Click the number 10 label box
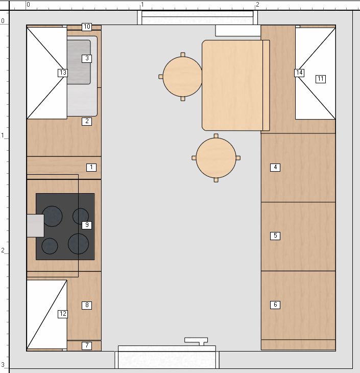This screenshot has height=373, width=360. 87,27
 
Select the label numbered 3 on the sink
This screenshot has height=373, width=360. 87,59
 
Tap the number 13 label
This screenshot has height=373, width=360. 63,73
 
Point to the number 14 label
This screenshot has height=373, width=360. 299,73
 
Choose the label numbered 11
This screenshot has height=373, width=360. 321,79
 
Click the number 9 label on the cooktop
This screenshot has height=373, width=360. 87,225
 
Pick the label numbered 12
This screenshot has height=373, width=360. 63,314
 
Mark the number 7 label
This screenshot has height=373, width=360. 87,345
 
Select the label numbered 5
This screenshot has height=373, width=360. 275,236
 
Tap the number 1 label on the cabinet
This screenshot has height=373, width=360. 91,168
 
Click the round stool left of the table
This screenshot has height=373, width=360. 183,77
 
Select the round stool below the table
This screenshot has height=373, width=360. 216,158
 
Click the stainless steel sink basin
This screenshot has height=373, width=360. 79,62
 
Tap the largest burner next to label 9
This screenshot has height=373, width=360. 78,244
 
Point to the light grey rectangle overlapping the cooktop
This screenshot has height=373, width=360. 35,226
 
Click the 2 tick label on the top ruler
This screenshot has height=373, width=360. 257,5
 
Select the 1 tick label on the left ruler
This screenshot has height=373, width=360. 3,135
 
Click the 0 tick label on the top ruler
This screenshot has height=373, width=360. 28,5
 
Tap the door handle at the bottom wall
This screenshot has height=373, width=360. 196,341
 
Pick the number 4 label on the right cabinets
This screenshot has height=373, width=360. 275,168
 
